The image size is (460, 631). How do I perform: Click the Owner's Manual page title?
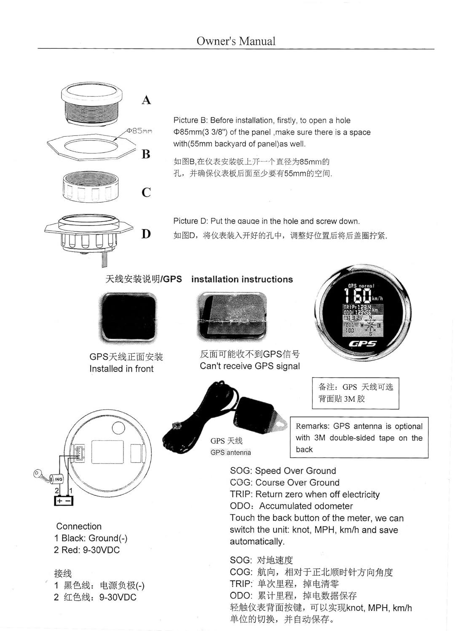[236, 41]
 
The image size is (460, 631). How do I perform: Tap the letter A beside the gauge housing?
[146, 100]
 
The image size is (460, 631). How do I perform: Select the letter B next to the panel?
[146, 154]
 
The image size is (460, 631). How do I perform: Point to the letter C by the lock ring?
[146, 192]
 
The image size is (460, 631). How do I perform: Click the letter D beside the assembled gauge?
[146, 234]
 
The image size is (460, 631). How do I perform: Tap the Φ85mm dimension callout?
[139, 131]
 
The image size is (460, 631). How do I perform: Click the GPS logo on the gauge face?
[363, 344]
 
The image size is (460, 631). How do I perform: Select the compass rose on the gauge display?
[370, 325]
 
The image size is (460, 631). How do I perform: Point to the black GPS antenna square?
[128, 317]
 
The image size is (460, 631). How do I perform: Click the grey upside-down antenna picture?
[232, 316]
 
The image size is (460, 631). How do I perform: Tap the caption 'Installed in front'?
[121, 369]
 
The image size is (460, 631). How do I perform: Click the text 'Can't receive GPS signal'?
[250, 366]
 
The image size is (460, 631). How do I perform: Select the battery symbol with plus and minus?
[64, 501]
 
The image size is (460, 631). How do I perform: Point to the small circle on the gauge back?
[118, 428]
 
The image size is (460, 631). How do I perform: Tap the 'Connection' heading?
[79, 526]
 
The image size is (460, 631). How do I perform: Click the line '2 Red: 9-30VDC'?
[87, 550]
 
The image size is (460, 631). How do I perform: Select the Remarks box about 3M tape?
[359, 437]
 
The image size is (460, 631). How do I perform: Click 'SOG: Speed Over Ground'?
[283, 471]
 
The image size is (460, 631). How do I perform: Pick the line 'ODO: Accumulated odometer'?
[291, 506]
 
